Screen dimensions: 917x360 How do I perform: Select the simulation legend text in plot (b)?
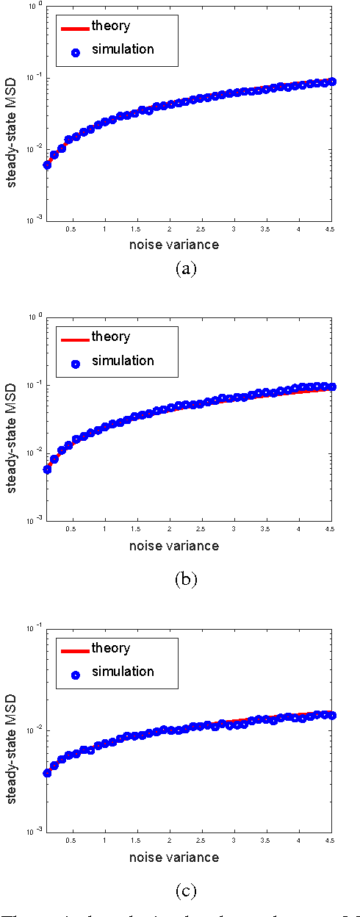[x=123, y=360]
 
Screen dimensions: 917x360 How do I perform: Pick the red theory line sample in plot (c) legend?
[x=73, y=650]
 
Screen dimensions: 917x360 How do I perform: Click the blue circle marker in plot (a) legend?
[x=74, y=49]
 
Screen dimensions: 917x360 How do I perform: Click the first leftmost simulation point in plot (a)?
[x=47, y=165]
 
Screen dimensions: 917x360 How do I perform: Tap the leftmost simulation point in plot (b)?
[x=47, y=469]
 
